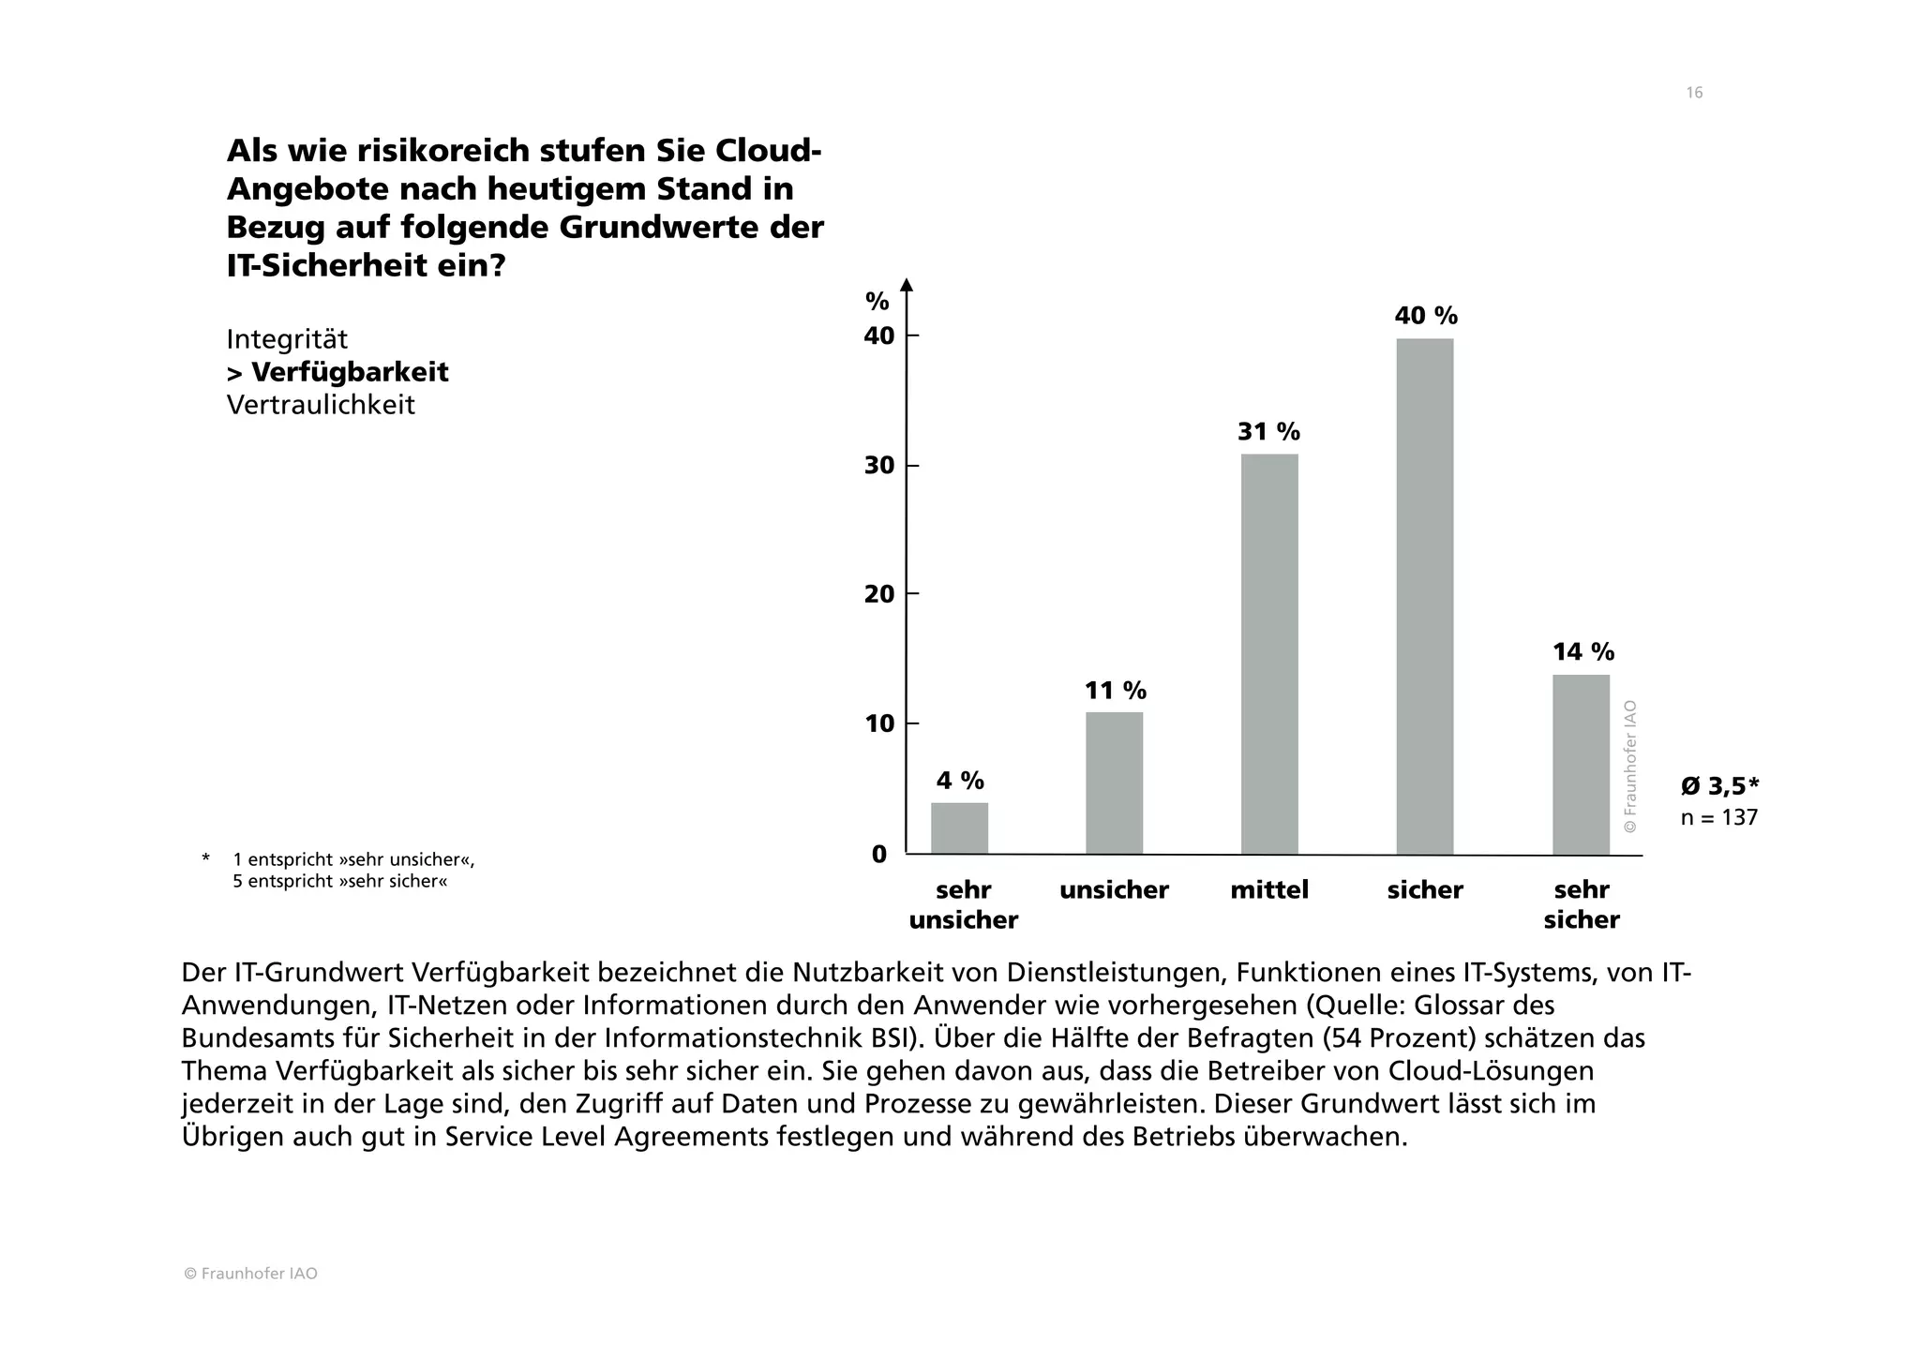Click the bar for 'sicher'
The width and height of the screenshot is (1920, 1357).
pos(1424,596)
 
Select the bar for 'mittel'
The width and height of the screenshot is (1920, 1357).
pos(1269,654)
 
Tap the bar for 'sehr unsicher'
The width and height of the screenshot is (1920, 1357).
pos(959,828)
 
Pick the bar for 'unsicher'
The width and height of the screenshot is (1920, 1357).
pos(1114,783)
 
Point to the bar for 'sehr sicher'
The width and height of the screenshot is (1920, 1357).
pos(1581,764)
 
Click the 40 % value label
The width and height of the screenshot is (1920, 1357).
pos(1426,316)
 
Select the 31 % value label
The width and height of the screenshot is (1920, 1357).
pos(1268,432)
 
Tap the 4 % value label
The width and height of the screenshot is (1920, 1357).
pos(960,781)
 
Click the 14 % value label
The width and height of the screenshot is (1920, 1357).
pos(1582,651)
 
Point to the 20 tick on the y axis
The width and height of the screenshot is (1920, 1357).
pos(878,594)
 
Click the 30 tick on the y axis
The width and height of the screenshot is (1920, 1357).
pos(878,466)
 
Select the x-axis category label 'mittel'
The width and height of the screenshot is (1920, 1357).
pos(1269,889)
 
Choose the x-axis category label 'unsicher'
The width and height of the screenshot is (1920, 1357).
pos(1114,889)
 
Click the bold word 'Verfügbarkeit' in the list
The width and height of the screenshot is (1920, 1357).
pos(349,372)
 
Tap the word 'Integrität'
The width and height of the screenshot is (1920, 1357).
pos(287,338)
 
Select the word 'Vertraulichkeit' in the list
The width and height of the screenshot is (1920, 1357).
pos(321,405)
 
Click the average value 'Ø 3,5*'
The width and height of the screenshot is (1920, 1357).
pos(1719,785)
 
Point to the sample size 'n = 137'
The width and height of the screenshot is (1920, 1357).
pos(1718,817)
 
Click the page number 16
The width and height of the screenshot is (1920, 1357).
pos(1694,93)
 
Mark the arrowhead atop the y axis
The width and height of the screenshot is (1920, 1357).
pos(906,285)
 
